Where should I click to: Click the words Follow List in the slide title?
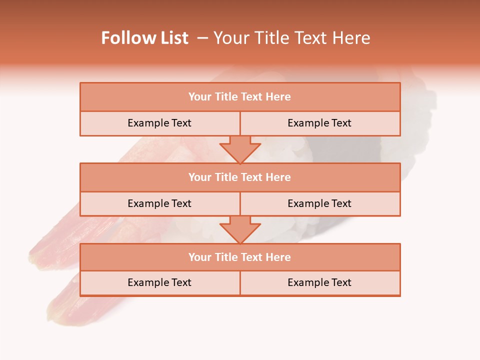click(x=145, y=38)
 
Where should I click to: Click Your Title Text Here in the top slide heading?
click(x=291, y=38)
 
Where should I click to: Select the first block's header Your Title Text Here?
click(x=239, y=97)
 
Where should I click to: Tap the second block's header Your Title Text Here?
click(x=239, y=177)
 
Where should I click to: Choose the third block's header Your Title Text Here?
click(x=239, y=257)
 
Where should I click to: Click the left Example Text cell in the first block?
click(x=159, y=123)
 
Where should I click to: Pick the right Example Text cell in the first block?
click(x=319, y=123)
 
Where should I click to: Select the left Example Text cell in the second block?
click(x=159, y=203)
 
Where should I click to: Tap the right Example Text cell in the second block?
click(x=319, y=203)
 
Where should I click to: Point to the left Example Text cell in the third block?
click(x=159, y=282)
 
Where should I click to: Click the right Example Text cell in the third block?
click(x=319, y=282)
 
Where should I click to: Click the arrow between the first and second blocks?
click(x=240, y=149)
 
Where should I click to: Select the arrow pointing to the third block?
click(x=240, y=229)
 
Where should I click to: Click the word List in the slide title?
click(x=172, y=38)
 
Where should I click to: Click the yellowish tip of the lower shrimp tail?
click(x=53, y=312)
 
